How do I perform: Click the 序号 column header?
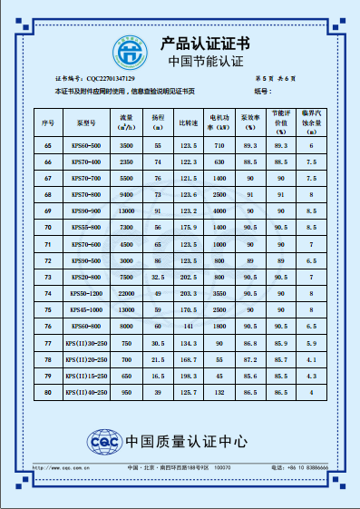(x=48, y=121)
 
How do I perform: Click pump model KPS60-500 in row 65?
(x=86, y=146)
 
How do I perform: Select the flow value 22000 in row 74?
(x=127, y=294)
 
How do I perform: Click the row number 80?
(x=48, y=392)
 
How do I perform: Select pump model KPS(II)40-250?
(x=86, y=392)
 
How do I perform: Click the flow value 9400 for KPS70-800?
(x=127, y=195)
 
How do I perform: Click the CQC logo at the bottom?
(x=102, y=442)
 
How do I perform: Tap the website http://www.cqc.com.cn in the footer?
(x=75, y=467)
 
